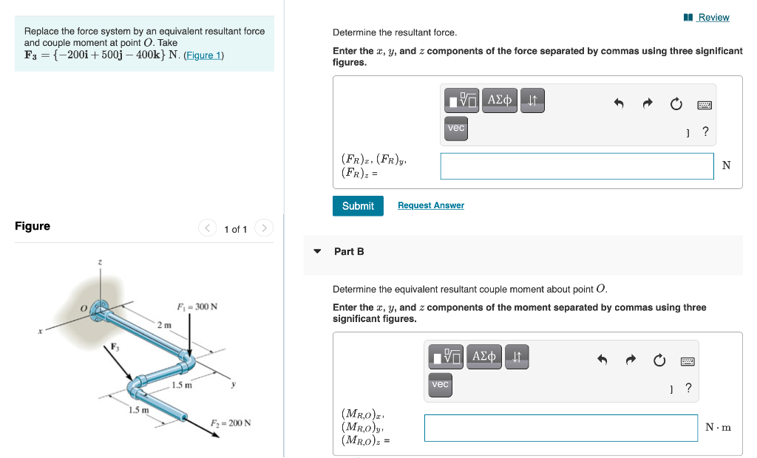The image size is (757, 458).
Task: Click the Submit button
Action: click(358, 206)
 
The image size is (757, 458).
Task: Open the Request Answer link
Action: click(430, 205)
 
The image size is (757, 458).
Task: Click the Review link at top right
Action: click(713, 17)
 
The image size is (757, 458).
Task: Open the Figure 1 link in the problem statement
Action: click(203, 55)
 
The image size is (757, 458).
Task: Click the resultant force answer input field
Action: click(577, 165)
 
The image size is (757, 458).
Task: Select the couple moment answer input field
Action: click(560, 428)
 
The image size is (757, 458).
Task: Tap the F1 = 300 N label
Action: click(197, 307)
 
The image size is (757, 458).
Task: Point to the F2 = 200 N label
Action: click(230, 423)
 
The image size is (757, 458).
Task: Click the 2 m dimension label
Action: click(164, 325)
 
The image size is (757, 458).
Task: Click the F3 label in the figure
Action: click(115, 346)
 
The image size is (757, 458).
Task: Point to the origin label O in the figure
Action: click(84, 307)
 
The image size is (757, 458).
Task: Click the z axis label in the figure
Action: click(101, 262)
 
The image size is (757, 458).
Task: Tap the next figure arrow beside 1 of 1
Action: click(265, 228)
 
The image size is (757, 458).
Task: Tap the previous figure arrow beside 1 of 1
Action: click(207, 228)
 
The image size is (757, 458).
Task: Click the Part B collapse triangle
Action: click(317, 251)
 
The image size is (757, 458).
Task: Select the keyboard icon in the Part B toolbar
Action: click(688, 361)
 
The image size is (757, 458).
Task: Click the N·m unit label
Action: click(718, 428)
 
